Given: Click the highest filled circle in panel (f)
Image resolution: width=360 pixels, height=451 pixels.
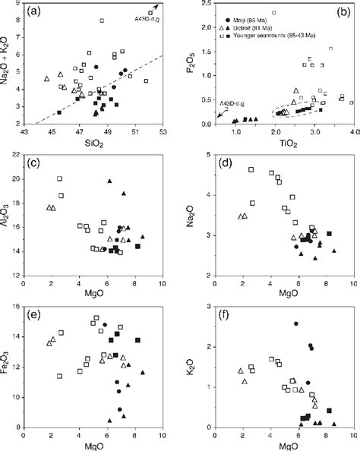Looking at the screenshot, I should (x=295, y=323).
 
